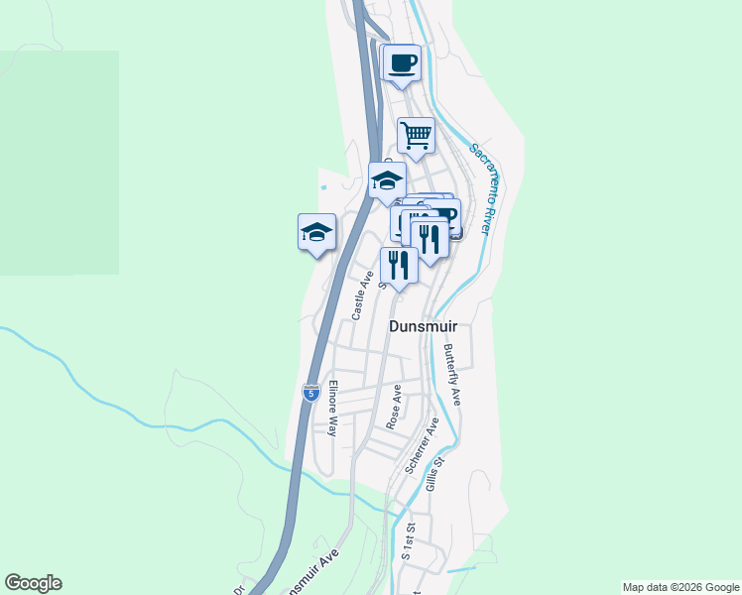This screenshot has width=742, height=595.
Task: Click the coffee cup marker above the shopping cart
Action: click(402, 64)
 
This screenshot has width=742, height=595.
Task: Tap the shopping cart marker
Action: click(417, 135)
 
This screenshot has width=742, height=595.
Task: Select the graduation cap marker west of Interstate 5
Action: click(316, 233)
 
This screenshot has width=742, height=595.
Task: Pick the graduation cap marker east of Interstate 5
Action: click(387, 181)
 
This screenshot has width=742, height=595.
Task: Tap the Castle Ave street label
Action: click(361, 297)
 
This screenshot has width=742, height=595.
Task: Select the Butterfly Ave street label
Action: click(453, 374)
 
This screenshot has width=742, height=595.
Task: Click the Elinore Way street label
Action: click(333, 409)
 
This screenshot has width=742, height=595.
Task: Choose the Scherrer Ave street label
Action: click(432, 440)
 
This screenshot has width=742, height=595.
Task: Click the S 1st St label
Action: click(407, 541)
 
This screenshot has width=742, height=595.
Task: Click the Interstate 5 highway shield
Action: click(310, 393)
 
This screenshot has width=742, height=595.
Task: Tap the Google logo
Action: click(33, 583)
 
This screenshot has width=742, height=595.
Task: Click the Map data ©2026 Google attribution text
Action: click(680, 587)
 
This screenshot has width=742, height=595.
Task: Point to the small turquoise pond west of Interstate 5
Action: click(321, 186)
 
